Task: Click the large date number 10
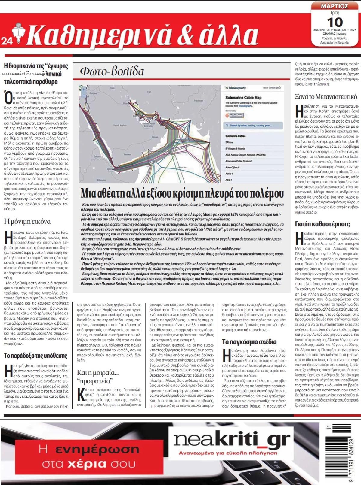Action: click(335, 22)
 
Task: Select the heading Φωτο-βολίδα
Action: click(112, 71)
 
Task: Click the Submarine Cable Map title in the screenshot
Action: click(243, 98)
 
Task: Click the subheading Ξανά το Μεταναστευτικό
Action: click(326, 97)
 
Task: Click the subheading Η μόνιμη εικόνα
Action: click(27, 222)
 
